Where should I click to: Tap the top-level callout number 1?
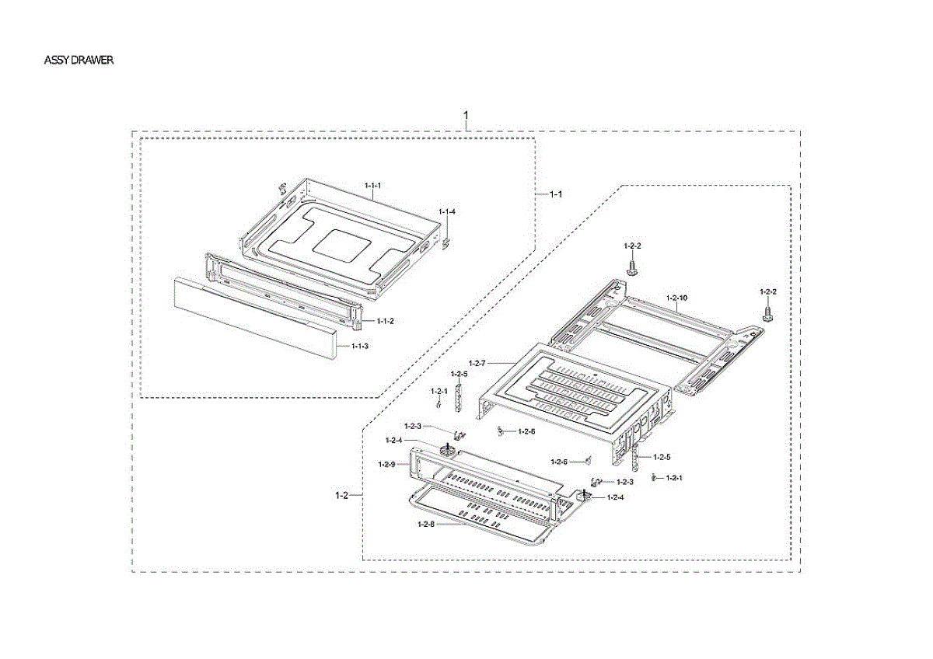pos(466,116)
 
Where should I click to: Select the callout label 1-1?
pos(556,194)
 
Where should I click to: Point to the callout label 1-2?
pos(341,494)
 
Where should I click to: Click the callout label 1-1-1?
pos(373,186)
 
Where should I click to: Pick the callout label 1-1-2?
pos(386,320)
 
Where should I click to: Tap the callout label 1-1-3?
pos(360,346)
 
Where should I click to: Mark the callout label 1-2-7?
pos(477,363)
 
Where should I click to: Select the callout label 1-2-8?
pos(425,525)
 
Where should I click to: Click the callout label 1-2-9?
pos(387,464)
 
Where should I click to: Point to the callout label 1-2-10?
pos(676,298)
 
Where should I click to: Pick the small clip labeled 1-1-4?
pos(446,243)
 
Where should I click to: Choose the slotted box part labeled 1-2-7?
pos(568,389)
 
